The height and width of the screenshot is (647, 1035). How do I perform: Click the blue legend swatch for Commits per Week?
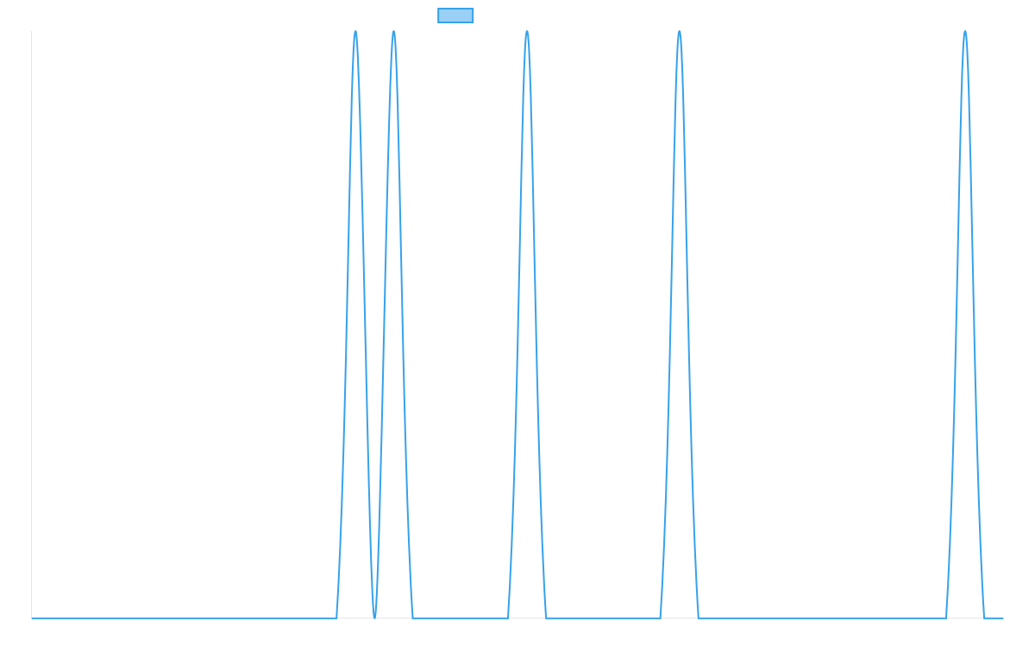click(455, 16)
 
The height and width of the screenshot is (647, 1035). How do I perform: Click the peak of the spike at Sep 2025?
click(527, 33)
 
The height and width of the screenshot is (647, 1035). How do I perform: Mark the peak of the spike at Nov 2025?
click(680, 33)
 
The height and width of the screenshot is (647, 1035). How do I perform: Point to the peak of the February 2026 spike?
click(965, 33)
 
